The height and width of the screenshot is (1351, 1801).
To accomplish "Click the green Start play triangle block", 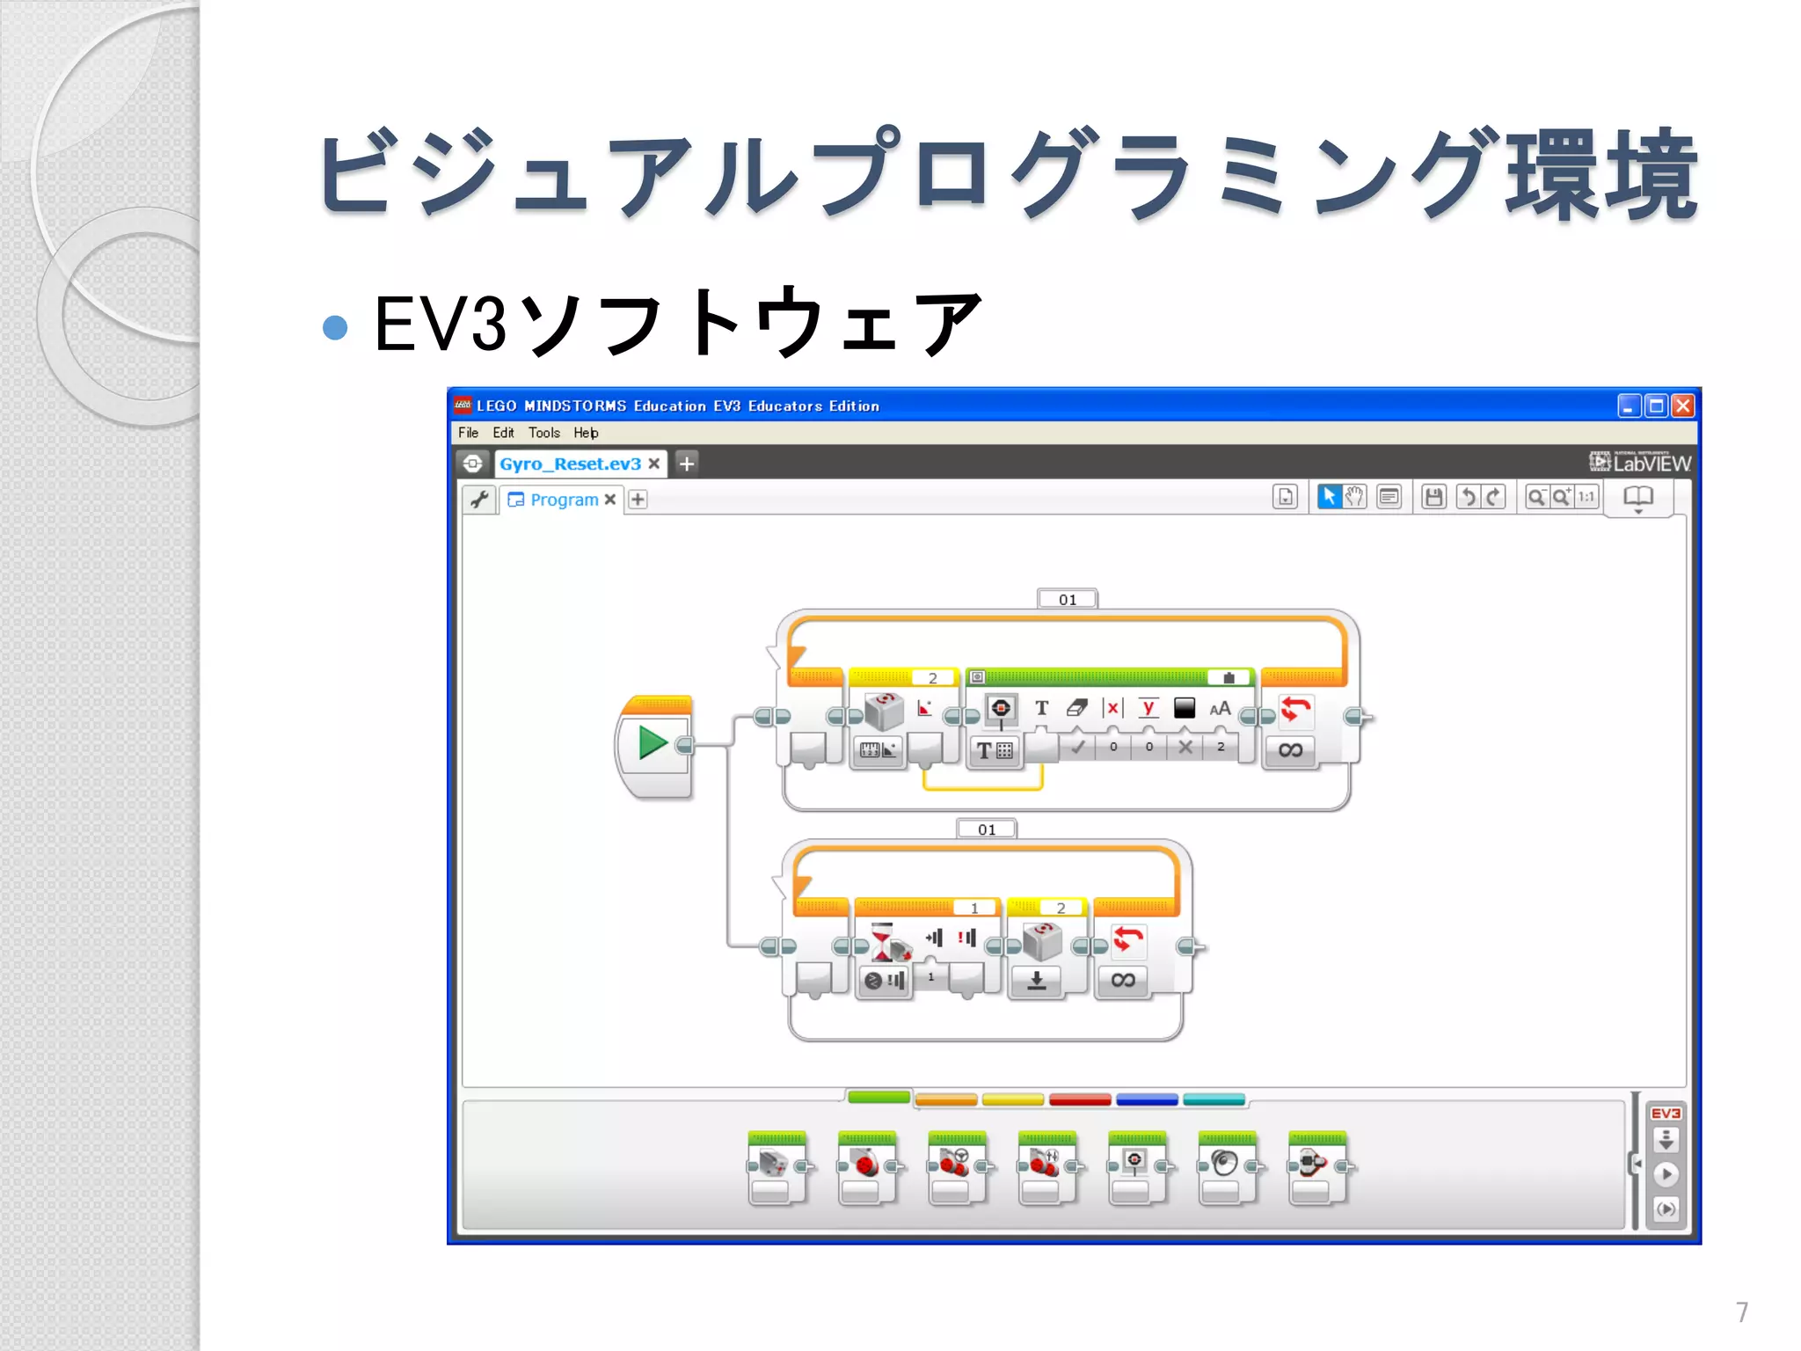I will pyautogui.click(x=652, y=743).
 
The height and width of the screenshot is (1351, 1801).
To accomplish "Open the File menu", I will pyautogui.click(x=468, y=433).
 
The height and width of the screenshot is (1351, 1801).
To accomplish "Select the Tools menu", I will pyautogui.click(x=543, y=433).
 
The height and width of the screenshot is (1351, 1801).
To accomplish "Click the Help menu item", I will pyautogui.click(x=586, y=433).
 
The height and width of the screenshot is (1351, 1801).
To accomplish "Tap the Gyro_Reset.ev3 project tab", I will pyautogui.click(x=570, y=464).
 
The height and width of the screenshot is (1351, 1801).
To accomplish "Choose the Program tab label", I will pyautogui.click(x=564, y=500).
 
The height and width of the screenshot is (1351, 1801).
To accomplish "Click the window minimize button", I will pyautogui.click(x=1629, y=405).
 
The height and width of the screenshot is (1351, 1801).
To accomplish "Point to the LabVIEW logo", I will pyautogui.click(x=1640, y=462).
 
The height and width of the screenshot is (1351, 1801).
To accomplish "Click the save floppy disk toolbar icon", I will pyautogui.click(x=1433, y=497).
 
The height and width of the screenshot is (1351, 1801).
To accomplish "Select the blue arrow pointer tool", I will pyautogui.click(x=1329, y=497).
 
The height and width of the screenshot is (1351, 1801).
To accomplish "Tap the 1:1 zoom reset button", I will pyautogui.click(x=1586, y=497).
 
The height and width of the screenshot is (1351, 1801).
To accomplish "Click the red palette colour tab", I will pyautogui.click(x=1080, y=1099).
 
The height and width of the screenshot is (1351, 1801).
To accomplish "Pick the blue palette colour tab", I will pyautogui.click(x=1147, y=1099).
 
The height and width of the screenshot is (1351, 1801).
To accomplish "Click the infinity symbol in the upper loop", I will pyautogui.click(x=1290, y=750).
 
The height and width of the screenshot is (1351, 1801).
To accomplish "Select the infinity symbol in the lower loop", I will pyautogui.click(x=1123, y=980).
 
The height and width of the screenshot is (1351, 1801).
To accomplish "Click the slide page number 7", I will pyautogui.click(x=1741, y=1312).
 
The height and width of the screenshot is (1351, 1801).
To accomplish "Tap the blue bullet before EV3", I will pyautogui.click(x=335, y=327).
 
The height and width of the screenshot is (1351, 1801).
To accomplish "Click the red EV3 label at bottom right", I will pyautogui.click(x=1666, y=1114).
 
